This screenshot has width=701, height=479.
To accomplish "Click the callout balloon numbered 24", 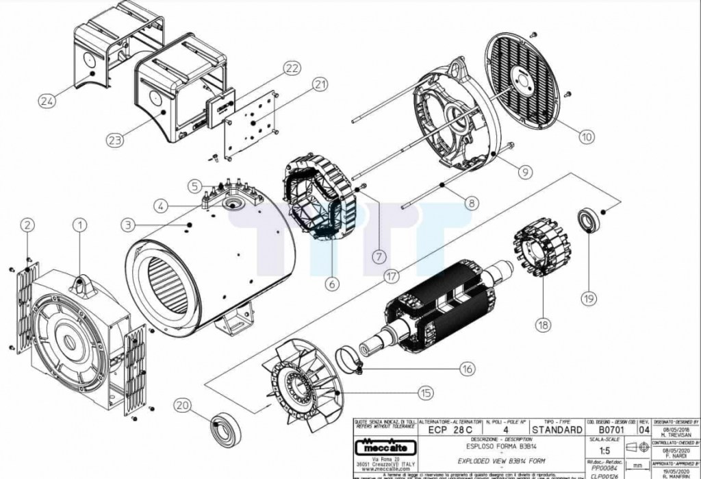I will click(47, 101).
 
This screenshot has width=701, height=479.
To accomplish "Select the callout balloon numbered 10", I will click(585, 136).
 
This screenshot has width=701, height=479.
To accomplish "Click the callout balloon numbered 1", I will click(81, 224).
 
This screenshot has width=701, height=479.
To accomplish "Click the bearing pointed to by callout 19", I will click(587, 221).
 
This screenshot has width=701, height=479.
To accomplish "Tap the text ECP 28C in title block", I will click(450, 430).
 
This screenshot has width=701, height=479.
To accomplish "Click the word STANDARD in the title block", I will click(557, 430).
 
